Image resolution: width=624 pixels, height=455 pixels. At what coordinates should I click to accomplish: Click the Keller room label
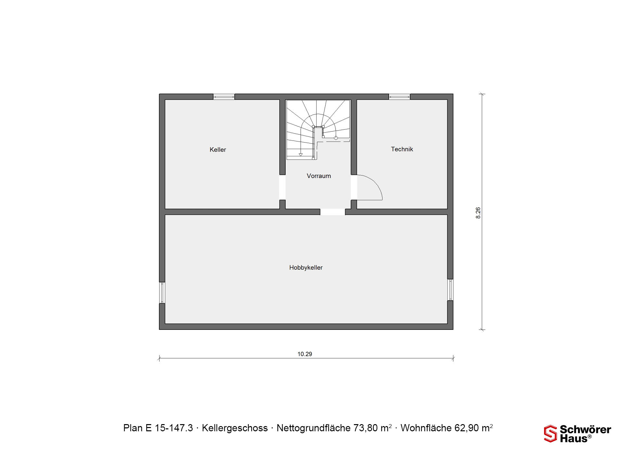pyautogui.click(x=218, y=150)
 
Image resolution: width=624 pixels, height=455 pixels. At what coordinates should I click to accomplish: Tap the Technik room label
pyautogui.click(x=402, y=149)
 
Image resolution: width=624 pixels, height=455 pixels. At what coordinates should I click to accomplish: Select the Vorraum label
pyautogui.click(x=319, y=176)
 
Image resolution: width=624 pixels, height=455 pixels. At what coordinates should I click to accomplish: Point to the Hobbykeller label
pyautogui.click(x=306, y=267)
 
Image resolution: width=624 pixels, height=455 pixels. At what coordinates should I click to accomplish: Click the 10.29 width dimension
pyautogui.click(x=305, y=354)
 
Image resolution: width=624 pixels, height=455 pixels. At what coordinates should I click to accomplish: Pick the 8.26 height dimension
pyautogui.click(x=478, y=213)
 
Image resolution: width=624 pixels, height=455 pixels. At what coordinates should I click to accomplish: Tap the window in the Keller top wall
pyautogui.click(x=224, y=97)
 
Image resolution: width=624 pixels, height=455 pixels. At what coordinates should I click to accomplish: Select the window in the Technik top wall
pyautogui.click(x=399, y=97)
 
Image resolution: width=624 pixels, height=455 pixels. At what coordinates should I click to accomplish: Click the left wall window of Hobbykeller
pyautogui.click(x=162, y=292)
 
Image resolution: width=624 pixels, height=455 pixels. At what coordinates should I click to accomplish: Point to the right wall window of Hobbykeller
pyautogui.click(x=450, y=290)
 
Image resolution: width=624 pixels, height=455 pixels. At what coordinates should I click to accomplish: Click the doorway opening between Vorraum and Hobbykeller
pyautogui.click(x=332, y=212)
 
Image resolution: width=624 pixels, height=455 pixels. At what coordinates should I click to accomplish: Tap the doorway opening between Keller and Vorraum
pyautogui.click(x=282, y=187)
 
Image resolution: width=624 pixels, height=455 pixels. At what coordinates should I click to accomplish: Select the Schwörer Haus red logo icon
pyautogui.click(x=551, y=434)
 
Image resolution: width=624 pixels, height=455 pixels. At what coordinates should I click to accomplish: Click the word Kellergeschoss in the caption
pyautogui.click(x=235, y=428)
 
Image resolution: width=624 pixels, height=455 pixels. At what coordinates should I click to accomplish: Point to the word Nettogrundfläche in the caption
pyautogui.click(x=314, y=428)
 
